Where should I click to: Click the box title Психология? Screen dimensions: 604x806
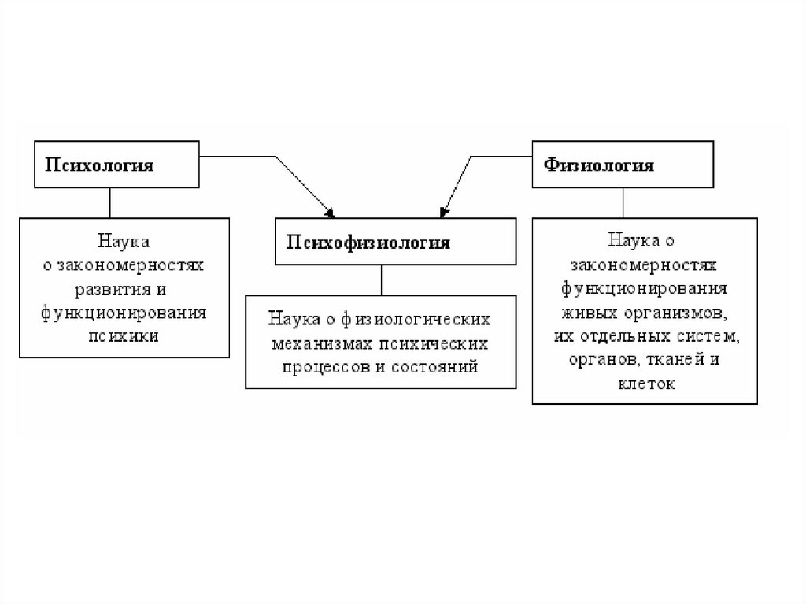point(98,165)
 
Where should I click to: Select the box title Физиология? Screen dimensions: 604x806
point(599,165)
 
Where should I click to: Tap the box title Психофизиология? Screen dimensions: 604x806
point(368,242)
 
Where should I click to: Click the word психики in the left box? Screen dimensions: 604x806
point(124,335)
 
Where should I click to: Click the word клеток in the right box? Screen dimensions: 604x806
point(645,384)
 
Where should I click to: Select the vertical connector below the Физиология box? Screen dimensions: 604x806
point(623,202)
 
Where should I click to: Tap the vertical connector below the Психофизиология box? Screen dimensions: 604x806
point(381,280)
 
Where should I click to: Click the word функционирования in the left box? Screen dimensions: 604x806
point(124,312)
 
